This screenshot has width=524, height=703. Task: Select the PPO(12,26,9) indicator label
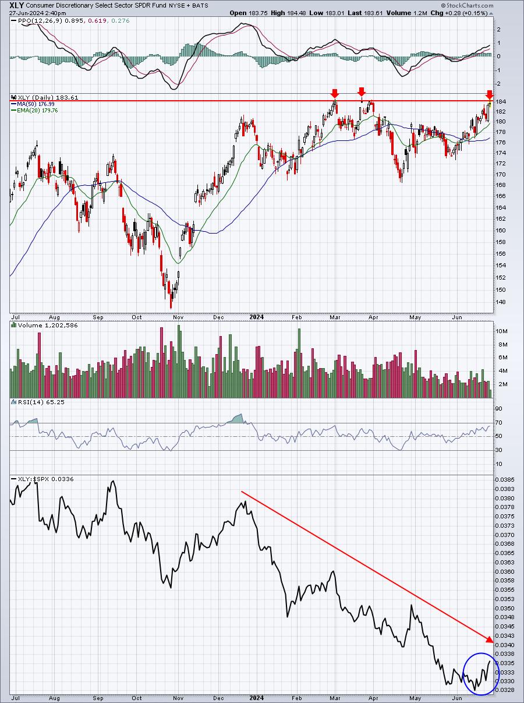(33, 21)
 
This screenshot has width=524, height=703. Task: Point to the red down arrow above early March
(335, 93)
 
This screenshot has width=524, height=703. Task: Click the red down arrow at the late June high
(490, 94)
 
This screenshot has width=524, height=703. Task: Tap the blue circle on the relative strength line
(481, 673)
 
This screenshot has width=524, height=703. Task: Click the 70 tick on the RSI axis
(500, 423)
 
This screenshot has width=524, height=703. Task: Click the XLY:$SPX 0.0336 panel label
(36, 479)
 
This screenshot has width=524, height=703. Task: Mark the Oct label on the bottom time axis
(137, 697)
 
